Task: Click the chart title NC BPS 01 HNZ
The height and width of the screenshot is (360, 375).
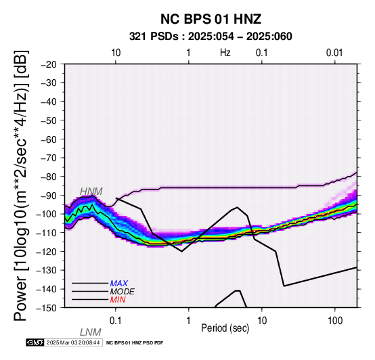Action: coord(211,19)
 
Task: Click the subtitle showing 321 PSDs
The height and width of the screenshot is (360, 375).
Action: coord(211,37)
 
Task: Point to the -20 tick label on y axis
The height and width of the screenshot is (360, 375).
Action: coord(49,64)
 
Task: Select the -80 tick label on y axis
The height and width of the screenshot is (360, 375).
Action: coord(49,177)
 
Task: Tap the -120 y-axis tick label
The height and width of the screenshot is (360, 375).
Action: coord(47,252)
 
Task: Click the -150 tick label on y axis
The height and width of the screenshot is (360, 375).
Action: coord(47,308)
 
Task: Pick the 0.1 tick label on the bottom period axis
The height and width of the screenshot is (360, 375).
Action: coord(115,321)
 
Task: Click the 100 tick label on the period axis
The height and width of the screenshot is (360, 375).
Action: coord(335,321)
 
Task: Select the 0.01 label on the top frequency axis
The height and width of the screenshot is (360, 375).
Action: coord(334,53)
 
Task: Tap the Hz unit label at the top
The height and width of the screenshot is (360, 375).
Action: coord(225,53)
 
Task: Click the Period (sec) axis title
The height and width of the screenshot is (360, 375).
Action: coord(225,328)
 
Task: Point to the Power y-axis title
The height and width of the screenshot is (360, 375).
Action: coord(20,185)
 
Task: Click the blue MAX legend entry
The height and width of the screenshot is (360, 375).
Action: coord(119,284)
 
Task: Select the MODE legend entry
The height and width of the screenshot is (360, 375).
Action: coord(123,292)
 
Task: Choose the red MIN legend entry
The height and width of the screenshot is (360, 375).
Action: coord(118,300)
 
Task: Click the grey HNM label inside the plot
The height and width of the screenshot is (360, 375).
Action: coord(91,192)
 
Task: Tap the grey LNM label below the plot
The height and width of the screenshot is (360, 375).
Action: coord(91,332)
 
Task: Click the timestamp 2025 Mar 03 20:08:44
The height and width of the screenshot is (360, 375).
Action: coord(73,343)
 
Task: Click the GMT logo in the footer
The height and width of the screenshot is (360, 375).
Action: coord(35,343)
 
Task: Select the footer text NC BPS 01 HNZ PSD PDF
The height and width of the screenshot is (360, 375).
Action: coord(135,343)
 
